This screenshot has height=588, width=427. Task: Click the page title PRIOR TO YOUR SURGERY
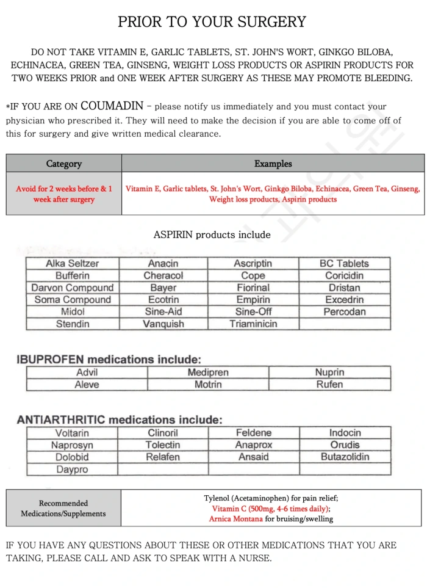tap(212, 23)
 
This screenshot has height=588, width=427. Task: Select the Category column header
tap(63, 164)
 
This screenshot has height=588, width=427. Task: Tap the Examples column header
tap(273, 164)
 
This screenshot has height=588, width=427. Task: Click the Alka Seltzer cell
tap(72, 264)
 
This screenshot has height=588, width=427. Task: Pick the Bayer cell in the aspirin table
tap(163, 288)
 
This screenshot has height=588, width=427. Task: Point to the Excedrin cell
tap(344, 300)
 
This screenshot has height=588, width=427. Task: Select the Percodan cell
tap(344, 312)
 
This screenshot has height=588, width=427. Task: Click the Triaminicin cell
tap(253, 324)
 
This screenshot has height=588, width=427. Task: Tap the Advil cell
tap(87, 372)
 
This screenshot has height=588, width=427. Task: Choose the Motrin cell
tap(208, 385)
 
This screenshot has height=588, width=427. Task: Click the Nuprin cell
tap(329, 372)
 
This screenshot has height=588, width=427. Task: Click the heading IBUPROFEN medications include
tap(109, 360)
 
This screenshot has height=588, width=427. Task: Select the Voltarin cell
tap(72, 433)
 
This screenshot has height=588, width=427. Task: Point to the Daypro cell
tap(72, 470)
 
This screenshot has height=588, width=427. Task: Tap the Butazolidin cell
tap(345, 457)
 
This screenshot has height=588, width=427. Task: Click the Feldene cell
tap(253, 433)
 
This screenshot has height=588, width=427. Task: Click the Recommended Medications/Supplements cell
tap(63, 508)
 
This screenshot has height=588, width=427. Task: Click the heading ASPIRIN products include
tap(212, 235)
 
